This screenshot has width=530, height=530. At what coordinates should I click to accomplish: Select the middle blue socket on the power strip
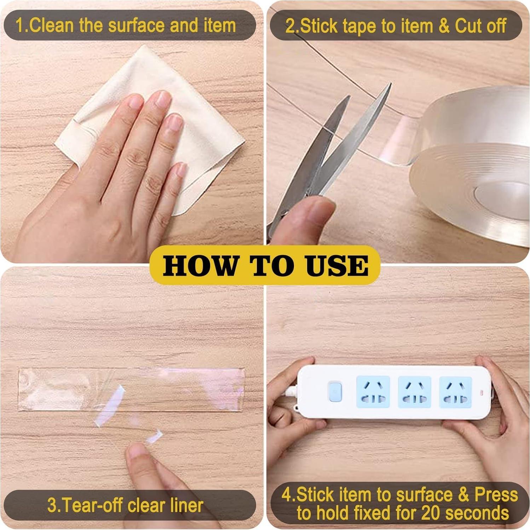pyautogui.click(x=414, y=392)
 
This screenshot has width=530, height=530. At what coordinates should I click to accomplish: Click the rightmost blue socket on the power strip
pyautogui.click(x=456, y=392)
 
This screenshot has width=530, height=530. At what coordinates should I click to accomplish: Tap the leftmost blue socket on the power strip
pyautogui.click(x=373, y=392)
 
